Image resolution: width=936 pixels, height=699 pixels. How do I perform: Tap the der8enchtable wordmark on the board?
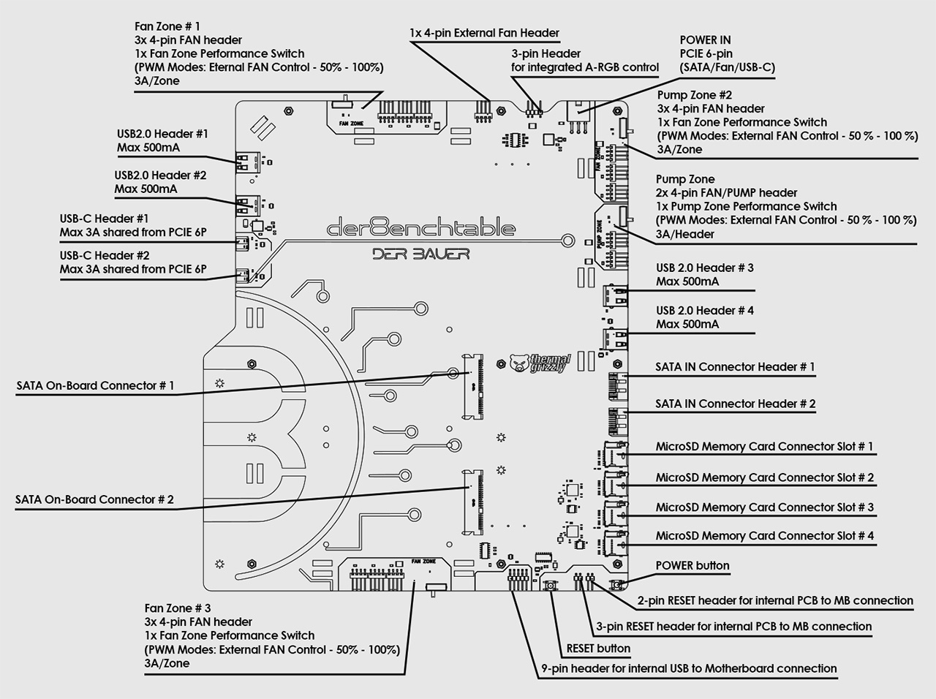point(421,227)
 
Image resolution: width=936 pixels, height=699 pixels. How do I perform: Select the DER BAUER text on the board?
point(421,254)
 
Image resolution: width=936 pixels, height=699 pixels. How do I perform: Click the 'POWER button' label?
point(692,566)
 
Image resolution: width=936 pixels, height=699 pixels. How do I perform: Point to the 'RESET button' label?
point(598,649)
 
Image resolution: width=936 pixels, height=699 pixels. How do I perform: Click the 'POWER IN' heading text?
point(706,40)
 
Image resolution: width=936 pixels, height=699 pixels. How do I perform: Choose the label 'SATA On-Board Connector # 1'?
point(96,386)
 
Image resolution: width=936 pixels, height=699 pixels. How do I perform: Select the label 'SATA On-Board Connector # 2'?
point(94,499)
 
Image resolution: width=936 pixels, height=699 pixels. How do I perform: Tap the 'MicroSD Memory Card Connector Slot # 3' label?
point(765,507)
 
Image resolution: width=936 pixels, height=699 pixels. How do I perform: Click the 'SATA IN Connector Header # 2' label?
point(736,404)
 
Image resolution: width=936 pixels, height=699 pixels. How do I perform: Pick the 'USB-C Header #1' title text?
point(104,219)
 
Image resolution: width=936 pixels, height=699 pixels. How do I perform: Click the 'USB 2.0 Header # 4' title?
point(705,310)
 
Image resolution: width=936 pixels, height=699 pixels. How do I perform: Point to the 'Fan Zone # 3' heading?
point(178,608)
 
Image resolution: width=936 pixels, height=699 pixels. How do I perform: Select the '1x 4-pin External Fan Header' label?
point(484,33)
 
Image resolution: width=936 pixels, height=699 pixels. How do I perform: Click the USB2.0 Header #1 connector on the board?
point(247,162)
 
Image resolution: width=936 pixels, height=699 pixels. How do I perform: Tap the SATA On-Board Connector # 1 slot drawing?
point(474,386)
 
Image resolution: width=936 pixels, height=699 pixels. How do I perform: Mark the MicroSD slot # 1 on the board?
point(614,454)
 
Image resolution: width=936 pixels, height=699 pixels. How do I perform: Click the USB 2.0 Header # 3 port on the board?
point(615,296)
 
